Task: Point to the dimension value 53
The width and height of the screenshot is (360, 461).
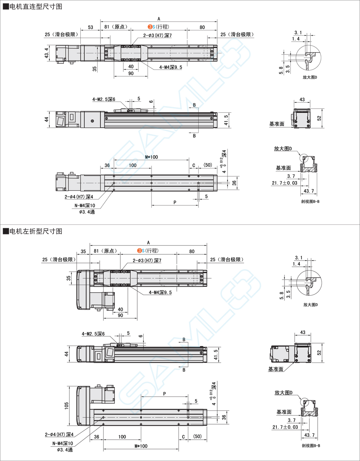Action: pos(91,27)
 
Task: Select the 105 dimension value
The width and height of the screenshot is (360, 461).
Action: pos(66,406)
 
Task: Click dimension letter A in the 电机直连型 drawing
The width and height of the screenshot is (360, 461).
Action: pos(159,19)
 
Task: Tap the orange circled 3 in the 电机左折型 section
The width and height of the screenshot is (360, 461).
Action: pos(139,251)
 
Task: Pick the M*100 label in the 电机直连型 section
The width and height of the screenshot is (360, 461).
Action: pos(151,157)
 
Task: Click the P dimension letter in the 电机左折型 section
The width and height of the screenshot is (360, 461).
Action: pos(165,394)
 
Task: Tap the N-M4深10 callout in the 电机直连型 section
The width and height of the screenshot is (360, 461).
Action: pos(84,205)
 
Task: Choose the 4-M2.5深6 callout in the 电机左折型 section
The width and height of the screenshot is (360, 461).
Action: pos(93,334)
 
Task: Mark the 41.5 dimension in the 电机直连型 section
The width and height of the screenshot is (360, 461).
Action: pos(226,120)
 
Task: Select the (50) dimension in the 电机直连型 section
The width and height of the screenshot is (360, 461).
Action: pos(207,165)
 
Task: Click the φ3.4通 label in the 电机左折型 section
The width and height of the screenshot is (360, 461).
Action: pos(65,450)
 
